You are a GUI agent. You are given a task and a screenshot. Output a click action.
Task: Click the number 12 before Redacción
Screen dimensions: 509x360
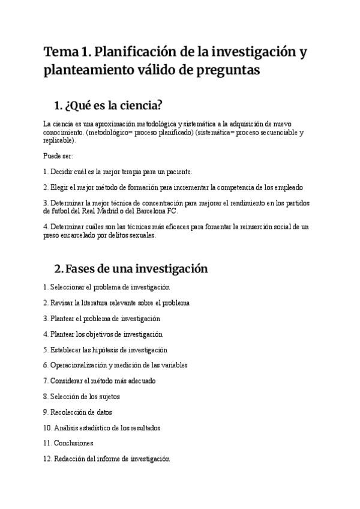click(x=47, y=459)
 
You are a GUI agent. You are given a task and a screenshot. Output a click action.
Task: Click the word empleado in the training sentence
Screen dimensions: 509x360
click(x=290, y=187)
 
